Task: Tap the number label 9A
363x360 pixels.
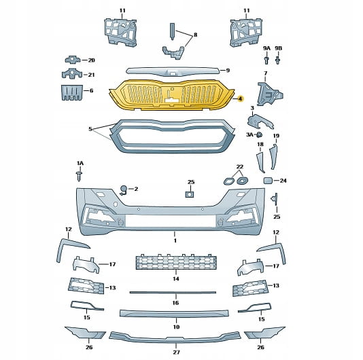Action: [266, 48]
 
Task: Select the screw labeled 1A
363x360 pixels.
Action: [80, 177]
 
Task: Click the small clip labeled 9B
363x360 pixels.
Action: [278, 60]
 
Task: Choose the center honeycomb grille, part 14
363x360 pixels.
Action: [176, 262]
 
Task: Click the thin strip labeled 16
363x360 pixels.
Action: [173, 293]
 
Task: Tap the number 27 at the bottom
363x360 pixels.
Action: [177, 352]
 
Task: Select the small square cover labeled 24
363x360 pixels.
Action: [268, 181]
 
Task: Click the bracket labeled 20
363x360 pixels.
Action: [73, 60]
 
